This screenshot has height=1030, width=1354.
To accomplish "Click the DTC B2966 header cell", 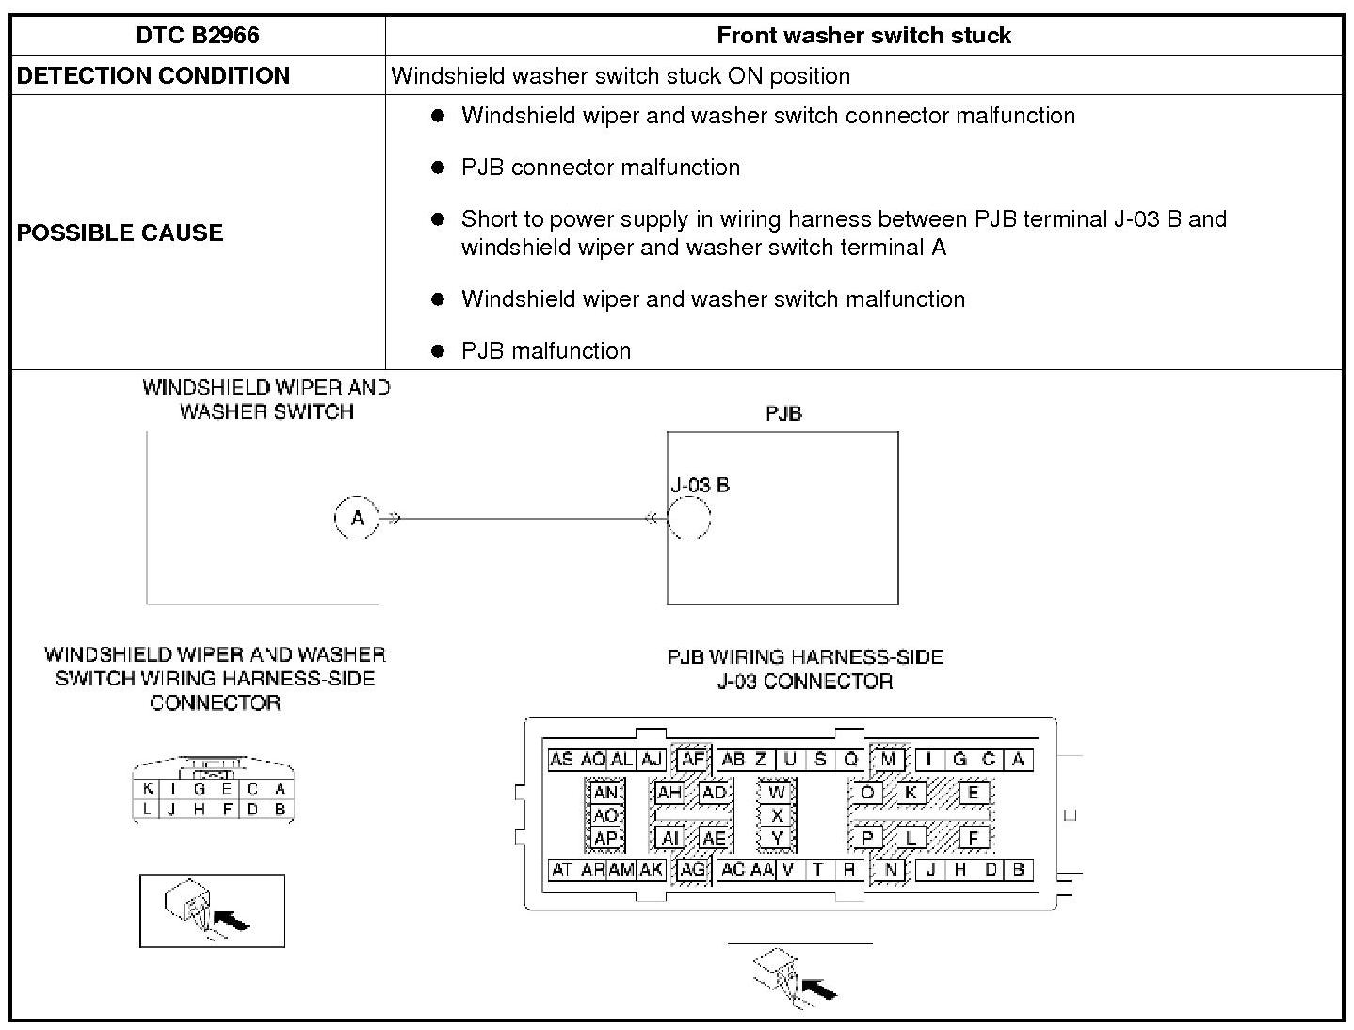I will click(198, 36).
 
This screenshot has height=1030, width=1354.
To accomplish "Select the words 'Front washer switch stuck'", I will click(863, 36).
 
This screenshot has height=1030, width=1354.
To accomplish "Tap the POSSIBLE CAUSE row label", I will click(120, 233).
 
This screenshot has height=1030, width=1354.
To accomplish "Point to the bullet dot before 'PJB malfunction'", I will click(437, 351).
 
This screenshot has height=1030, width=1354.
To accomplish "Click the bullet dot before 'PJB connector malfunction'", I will click(437, 168).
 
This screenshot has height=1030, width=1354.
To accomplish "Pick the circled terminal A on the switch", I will click(357, 518).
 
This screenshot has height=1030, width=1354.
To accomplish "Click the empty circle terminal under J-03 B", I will click(688, 518).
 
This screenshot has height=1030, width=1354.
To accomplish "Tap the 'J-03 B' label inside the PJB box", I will click(700, 486).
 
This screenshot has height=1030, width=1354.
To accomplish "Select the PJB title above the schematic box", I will click(783, 414).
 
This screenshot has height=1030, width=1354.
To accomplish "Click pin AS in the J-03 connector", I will click(561, 760).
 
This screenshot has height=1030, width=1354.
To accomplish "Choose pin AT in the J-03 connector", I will click(561, 870).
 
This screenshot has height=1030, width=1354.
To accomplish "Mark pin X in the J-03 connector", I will click(777, 815).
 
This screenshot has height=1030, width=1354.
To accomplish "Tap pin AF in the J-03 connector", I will click(693, 760).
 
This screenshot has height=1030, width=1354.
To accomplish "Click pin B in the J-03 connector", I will click(1018, 870).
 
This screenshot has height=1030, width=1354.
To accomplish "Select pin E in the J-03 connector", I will click(974, 792).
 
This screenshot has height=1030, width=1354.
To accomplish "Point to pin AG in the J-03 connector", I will click(692, 870).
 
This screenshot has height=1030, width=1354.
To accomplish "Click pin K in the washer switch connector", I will click(148, 790).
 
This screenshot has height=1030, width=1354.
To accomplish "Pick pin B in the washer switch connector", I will click(280, 809).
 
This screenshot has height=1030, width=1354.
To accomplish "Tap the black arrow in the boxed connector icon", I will click(232, 919).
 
